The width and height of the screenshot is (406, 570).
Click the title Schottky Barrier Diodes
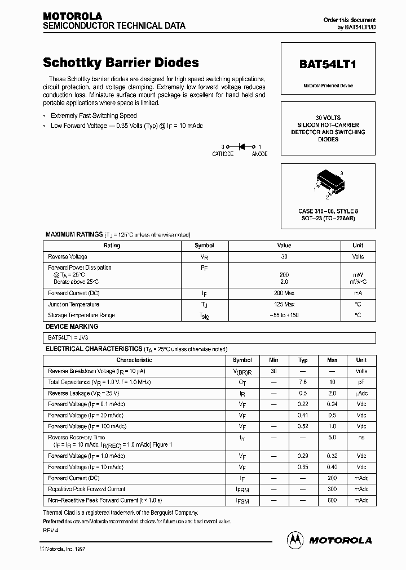point(121,63)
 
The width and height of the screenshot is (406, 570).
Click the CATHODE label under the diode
point(223,154)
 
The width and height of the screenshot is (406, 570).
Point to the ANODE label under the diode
point(259,154)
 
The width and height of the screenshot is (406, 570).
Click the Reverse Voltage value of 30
point(284,256)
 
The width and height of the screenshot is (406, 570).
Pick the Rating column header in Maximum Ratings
point(112,246)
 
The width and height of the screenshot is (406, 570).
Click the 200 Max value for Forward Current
point(284,293)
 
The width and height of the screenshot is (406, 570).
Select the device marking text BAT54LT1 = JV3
point(65,337)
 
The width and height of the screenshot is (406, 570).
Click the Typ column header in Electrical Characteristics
point(303,360)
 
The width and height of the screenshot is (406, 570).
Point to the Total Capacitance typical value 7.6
point(303,382)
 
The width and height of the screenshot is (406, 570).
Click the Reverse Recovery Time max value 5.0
point(332,438)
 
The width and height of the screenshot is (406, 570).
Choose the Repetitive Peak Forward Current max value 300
point(332,489)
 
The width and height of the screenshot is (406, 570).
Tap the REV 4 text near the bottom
point(51,531)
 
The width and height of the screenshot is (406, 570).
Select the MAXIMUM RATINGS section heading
point(74,234)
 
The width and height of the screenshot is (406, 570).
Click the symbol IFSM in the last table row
point(242,501)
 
